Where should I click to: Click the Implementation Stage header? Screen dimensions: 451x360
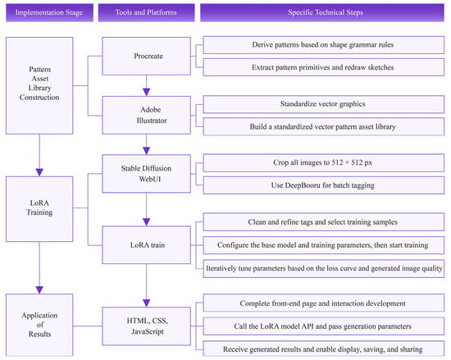(49, 12)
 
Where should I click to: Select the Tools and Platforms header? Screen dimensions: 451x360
(146, 12)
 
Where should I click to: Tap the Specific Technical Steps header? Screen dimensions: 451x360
(322, 12)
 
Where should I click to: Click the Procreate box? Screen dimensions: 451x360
(147, 56)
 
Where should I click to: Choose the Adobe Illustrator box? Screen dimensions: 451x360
(147, 115)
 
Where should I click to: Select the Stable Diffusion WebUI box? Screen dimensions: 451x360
(147, 174)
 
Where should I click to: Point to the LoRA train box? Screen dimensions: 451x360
(147, 245)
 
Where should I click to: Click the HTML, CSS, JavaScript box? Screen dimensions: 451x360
(147, 326)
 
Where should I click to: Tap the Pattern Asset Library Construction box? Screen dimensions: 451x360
(39, 85)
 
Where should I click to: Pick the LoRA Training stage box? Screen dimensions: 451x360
(39, 209)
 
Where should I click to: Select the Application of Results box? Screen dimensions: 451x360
(39, 325)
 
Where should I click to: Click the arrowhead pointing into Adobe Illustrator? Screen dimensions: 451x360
(147, 93)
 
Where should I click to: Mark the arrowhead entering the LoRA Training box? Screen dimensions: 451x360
(39, 172)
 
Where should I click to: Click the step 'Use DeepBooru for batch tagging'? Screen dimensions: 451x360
(324, 185)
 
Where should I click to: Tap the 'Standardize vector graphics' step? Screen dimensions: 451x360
(324, 104)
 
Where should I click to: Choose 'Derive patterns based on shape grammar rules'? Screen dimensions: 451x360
(324, 45)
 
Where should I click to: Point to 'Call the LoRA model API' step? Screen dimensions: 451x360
(324, 326)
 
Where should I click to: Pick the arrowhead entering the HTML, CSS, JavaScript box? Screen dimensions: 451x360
(147, 303)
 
